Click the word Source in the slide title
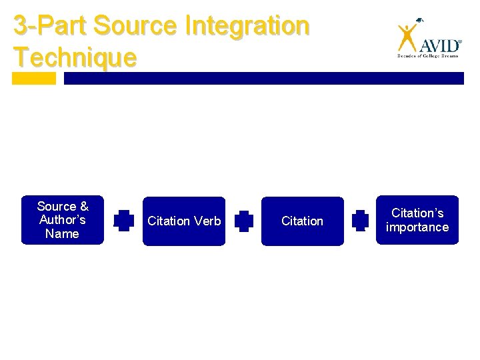click(135, 27)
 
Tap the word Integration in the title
click(247, 27)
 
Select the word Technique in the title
click(75, 57)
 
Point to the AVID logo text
click(439, 45)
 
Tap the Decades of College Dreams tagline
click(429, 57)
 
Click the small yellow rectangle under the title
click(34, 79)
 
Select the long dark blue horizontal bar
click(263, 79)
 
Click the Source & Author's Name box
click(63, 220)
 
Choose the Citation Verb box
click(184, 221)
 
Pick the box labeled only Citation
click(302, 221)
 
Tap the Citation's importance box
click(417, 220)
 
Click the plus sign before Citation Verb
click(123, 221)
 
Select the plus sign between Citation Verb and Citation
click(243, 221)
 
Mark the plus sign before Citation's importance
click(360, 221)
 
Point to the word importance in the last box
click(417, 227)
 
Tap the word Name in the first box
click(62, 234)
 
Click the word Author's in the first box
click(63, 220)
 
